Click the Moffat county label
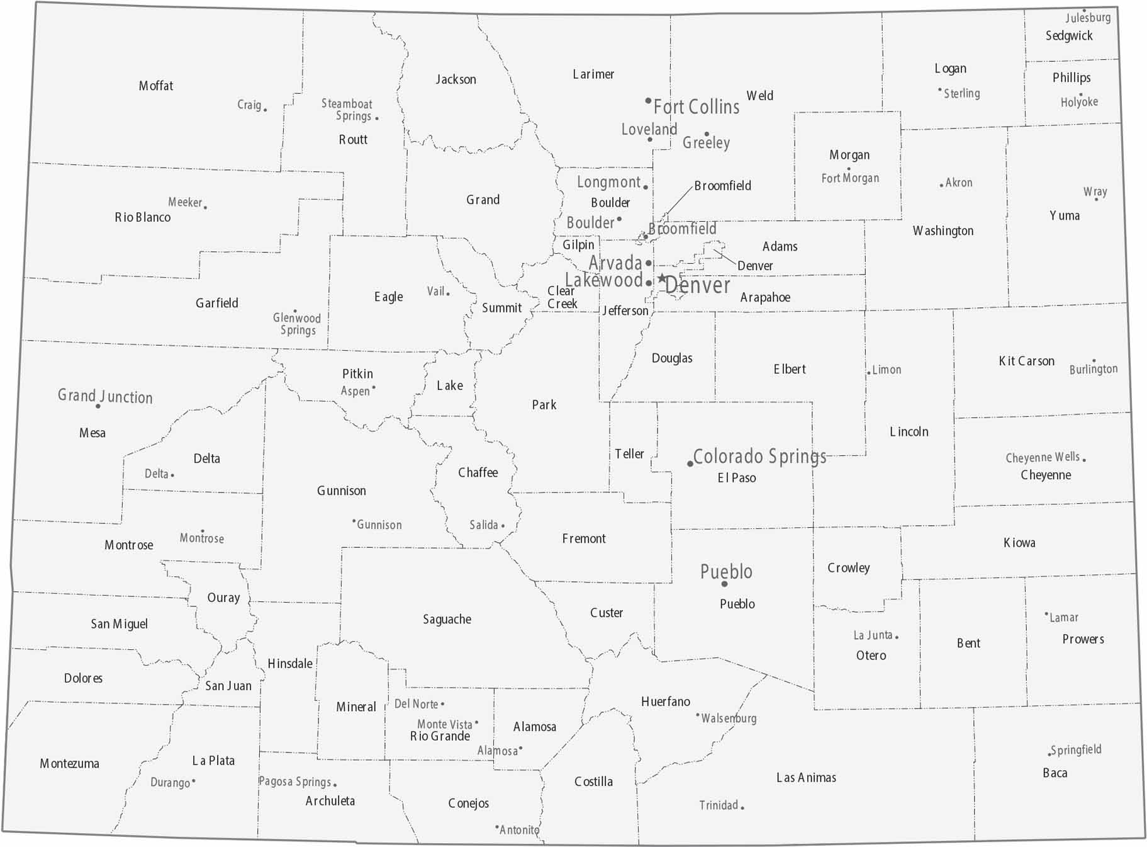pos(155,86)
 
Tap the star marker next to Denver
pos(662,278)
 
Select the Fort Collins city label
pos(697,107)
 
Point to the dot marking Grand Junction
pos(98,406)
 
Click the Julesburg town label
pos(1088,18)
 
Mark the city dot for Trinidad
pos(742,807)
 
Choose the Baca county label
pos(1055,773)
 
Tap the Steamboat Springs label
pos(347,110)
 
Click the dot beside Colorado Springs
pos(690,464)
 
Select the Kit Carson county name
pos(1026,361)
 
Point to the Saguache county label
pos(447,619)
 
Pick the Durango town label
pos(170,783)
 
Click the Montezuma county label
pos(69,763)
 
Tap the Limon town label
pos(887,370)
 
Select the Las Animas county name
pos(806,778)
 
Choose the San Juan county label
pos(228,686)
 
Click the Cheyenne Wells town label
pos(1042,457)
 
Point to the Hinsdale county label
pos(289,663)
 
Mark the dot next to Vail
pos(448,293)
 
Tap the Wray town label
pos(1095,191)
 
